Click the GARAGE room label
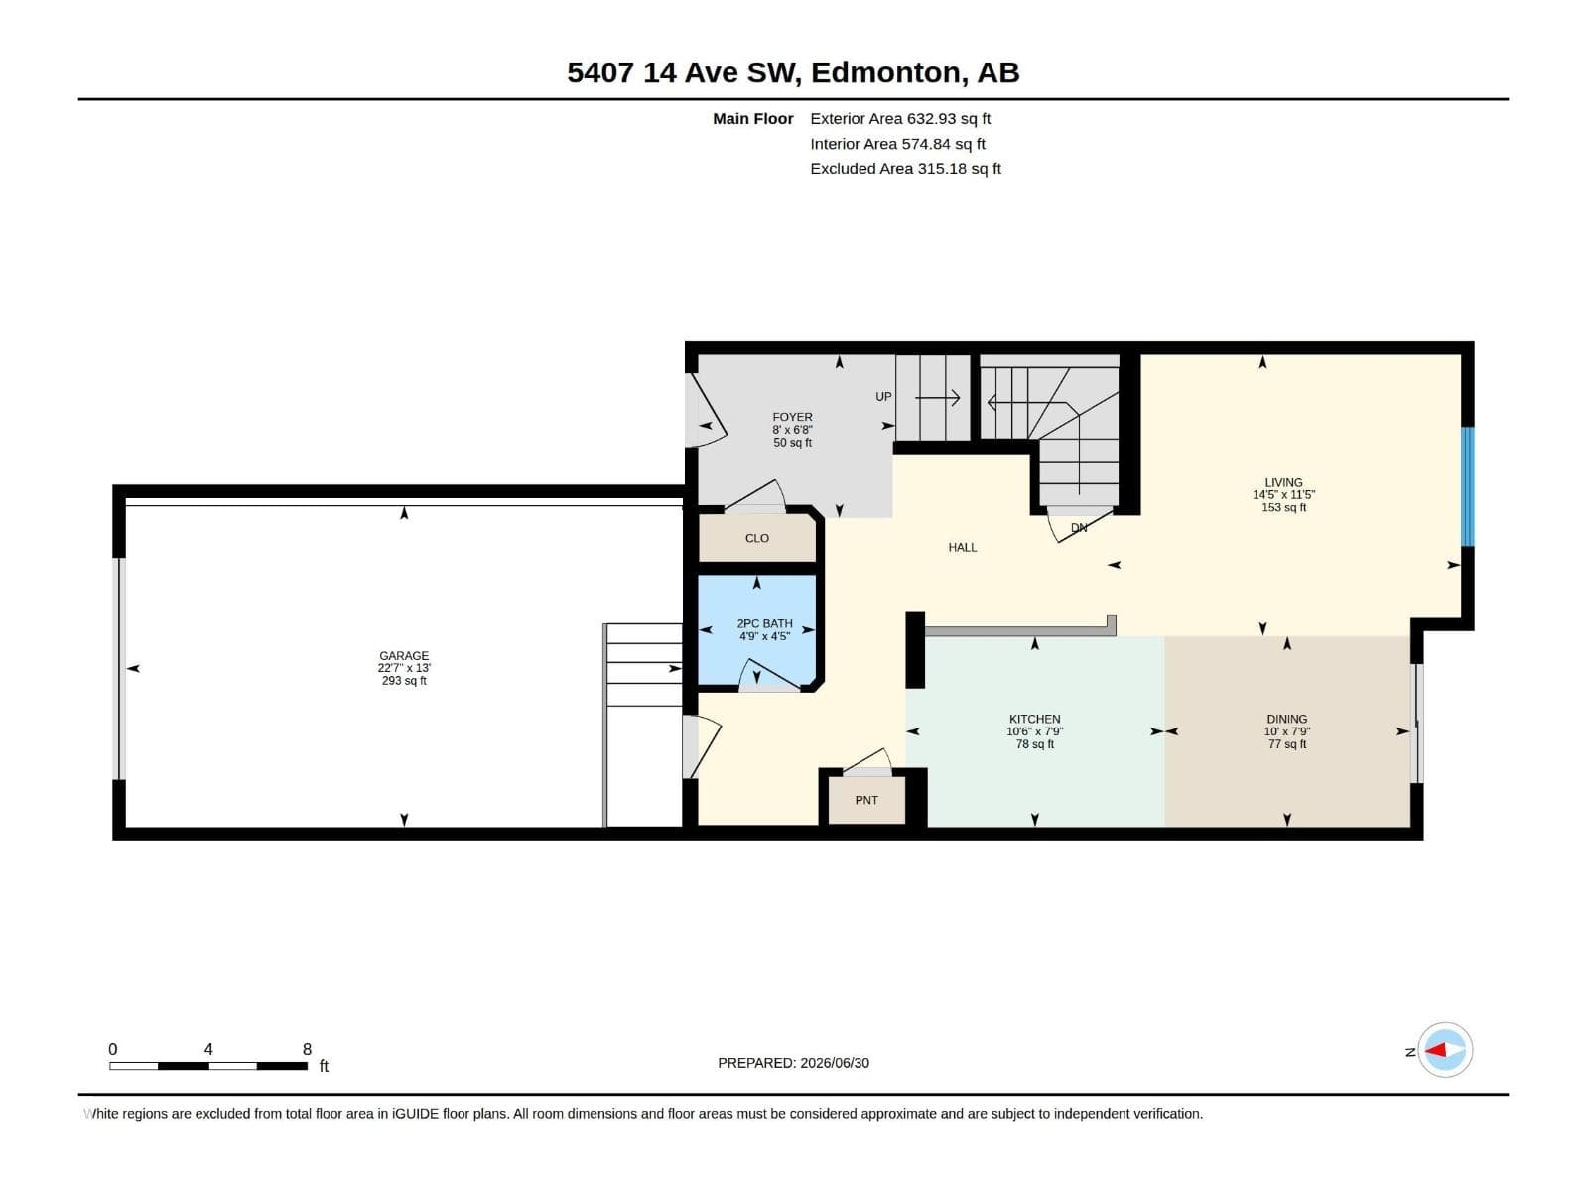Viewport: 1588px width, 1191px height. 404,656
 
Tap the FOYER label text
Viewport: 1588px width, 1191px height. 792,417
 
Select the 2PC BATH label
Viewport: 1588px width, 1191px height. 764,623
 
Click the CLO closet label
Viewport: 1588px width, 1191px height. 756,538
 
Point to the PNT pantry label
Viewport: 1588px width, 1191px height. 866,801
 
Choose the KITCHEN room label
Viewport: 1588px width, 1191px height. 1034,719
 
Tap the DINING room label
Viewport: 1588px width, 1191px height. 1287,719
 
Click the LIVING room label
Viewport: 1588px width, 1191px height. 1283,482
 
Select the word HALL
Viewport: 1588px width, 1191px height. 962,548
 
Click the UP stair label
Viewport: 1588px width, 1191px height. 883,396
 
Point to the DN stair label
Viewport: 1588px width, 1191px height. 1079,528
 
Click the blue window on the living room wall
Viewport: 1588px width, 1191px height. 1468,486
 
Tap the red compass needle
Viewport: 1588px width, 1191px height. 1435,1050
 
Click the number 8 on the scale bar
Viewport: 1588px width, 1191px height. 307,1049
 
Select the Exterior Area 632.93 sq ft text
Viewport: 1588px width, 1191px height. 900,118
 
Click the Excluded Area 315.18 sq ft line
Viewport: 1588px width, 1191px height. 905,169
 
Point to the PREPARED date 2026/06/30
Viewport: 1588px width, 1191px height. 834,1063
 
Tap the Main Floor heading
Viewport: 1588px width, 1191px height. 752,118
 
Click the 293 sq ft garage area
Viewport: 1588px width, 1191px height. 404,681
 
